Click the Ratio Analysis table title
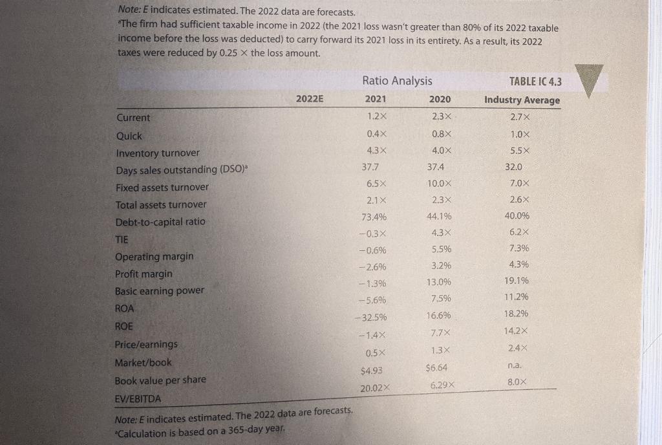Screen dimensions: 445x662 click(397, 81)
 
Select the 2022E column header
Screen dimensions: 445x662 click(310, 99)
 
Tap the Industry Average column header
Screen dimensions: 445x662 click(522, 100)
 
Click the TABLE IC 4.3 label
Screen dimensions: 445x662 click(535, 81)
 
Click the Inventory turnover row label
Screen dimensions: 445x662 click(158, 153)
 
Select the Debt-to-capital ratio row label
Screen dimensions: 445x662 click(160, 222)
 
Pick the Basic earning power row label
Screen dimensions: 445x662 click(159, 291)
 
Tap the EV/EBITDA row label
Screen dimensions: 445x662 click(139, 398)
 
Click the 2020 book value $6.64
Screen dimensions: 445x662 click(437, 368)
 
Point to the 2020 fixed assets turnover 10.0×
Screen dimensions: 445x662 click(440, 183)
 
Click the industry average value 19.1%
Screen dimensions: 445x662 click(517, 281)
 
